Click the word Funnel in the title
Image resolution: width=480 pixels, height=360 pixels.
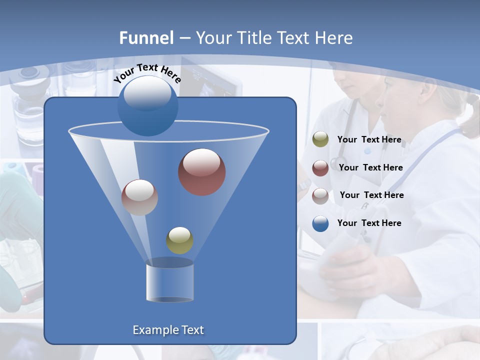146,38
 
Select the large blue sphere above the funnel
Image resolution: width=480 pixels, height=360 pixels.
147,105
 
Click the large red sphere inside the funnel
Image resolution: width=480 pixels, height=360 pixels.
201,172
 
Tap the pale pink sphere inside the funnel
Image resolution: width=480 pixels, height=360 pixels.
139,197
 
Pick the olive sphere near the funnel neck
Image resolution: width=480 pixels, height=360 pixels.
179,240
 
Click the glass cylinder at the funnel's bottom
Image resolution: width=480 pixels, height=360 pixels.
169,281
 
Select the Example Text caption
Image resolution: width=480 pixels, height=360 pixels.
168,330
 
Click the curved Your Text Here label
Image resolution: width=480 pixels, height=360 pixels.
147,73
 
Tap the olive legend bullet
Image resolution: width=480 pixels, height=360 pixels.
320,139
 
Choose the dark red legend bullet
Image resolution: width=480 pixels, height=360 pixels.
320,168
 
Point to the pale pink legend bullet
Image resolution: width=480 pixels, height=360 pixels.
320,195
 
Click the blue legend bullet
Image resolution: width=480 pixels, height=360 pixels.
320,223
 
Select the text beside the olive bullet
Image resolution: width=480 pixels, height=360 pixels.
369,139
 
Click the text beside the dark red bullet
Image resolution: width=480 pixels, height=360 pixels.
370,167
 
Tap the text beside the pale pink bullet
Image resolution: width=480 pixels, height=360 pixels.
371,195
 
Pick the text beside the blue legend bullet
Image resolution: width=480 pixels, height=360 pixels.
369,223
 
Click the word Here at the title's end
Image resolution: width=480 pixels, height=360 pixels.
334,38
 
